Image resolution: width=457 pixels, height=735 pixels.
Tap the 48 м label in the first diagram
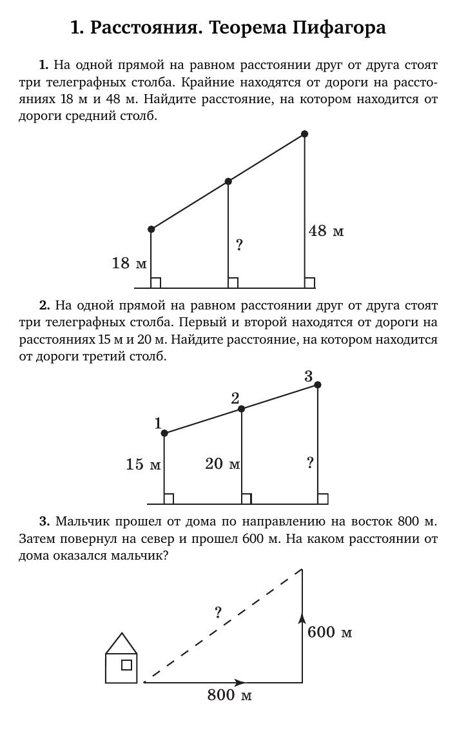[326, 231]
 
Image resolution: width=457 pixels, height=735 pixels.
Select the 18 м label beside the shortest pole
[129, 263]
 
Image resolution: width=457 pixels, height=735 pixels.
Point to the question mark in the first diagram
[239, 245]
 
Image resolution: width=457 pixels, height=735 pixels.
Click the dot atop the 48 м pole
[305, 134]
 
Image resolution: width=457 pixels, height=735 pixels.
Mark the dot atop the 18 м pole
[151, 229]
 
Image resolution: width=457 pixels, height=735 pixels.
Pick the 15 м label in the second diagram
[143, 464]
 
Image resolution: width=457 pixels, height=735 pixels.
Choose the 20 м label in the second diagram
[222, 464]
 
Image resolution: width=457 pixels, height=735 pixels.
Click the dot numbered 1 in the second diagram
[164, 433]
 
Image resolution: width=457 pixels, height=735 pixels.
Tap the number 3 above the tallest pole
[309, 376]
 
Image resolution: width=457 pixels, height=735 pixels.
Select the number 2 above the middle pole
[235, 398]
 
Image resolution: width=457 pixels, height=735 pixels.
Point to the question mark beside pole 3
[310, 462]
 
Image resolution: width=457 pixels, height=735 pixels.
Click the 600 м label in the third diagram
[329, 632]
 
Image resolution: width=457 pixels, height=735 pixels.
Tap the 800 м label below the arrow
[229, 695]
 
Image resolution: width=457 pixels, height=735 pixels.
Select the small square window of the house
[126, 665]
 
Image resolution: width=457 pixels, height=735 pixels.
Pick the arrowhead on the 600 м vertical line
[302, 618]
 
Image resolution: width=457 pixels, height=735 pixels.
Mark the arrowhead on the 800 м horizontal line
[240, 682]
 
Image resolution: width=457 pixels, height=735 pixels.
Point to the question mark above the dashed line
[219, 612]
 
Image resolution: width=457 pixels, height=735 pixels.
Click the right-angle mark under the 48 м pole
[309, 283]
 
